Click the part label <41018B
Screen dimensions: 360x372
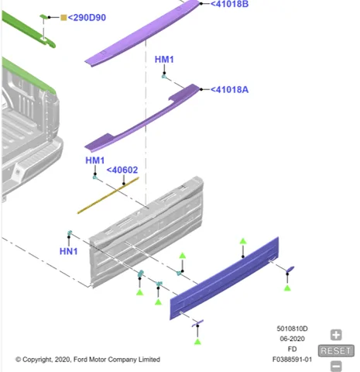229,4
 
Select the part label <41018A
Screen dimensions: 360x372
229,90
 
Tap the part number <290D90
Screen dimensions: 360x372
87,18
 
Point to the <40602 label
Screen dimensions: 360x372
122,170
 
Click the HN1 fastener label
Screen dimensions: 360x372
69,251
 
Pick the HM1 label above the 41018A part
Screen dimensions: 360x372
164,60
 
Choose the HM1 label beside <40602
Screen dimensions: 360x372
95,160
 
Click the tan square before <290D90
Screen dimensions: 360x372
63,18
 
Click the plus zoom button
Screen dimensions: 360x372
336,335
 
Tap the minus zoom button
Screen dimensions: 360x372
336,366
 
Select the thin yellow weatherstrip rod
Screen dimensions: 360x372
108,195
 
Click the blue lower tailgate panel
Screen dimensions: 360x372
224,278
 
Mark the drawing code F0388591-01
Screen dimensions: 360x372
292,360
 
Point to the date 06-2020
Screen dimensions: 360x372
292,339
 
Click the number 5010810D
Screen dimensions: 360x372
292,329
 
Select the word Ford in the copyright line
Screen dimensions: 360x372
80,360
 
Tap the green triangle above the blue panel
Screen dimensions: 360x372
243,241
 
